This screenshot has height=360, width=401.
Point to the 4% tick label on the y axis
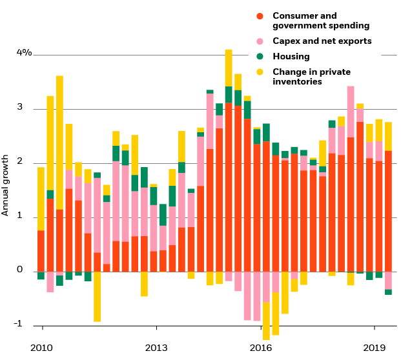click(24, 52)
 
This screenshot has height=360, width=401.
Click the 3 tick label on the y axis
click(19, 107)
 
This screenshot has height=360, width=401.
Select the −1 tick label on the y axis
click(19, 324)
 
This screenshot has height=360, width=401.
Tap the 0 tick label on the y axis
click(19, 270)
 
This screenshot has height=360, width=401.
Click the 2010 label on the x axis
click(41, 347)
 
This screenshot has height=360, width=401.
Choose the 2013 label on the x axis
click(156, 347)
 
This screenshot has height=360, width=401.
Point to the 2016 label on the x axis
click(261, 347)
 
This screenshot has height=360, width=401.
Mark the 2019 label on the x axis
click(375, 347)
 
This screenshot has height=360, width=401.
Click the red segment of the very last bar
click(388, 211)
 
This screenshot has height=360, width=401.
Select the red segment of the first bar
click(41, 251)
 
